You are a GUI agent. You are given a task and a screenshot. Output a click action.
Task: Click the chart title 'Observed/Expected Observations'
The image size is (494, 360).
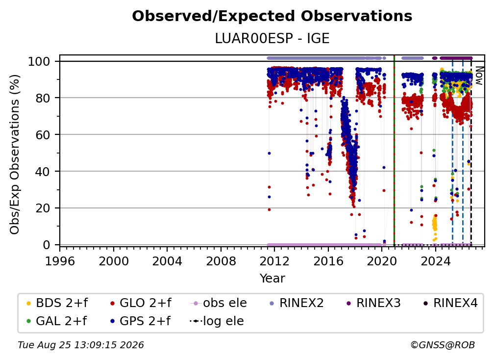pos(272,16)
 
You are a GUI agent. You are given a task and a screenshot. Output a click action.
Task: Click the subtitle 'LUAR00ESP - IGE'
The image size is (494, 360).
pos(272,39)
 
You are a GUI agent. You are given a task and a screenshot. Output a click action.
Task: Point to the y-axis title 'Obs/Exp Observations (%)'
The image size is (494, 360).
pos(15,154)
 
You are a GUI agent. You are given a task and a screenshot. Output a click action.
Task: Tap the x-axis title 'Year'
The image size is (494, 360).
pos(272,279)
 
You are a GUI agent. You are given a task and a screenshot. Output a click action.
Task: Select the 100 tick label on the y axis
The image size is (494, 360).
pos(39,61)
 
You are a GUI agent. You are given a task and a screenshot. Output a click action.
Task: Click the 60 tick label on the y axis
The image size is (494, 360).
pos(43,134)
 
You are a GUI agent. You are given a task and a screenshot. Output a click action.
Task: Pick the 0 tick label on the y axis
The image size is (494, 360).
pos(46,245)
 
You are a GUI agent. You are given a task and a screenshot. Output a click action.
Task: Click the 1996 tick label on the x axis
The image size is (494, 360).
pos(60,261)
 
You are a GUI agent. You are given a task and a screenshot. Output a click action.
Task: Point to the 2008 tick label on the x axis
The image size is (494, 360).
pos(221,261)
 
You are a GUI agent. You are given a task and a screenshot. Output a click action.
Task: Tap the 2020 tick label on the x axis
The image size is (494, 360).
pos(382,261)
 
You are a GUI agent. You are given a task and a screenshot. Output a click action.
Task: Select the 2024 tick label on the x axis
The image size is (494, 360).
pos(435,261)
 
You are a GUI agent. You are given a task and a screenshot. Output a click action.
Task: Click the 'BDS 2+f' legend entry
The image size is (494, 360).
pos(57,303)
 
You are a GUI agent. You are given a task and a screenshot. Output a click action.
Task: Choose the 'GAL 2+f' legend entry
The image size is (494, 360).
pos(56,321)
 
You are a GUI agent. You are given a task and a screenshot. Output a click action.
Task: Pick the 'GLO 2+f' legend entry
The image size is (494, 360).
pos(141,303)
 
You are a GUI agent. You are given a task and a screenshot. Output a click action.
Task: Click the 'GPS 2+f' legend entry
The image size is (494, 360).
pos(140,321)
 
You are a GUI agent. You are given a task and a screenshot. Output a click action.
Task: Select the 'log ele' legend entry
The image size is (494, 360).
pos(217,321)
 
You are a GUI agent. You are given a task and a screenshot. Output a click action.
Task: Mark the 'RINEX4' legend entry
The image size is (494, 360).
pos(450,303)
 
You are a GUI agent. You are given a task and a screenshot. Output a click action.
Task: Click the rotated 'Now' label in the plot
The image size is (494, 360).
pos(479,76)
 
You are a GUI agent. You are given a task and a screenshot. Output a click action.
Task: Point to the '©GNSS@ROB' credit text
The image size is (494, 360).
pos(443,345)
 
